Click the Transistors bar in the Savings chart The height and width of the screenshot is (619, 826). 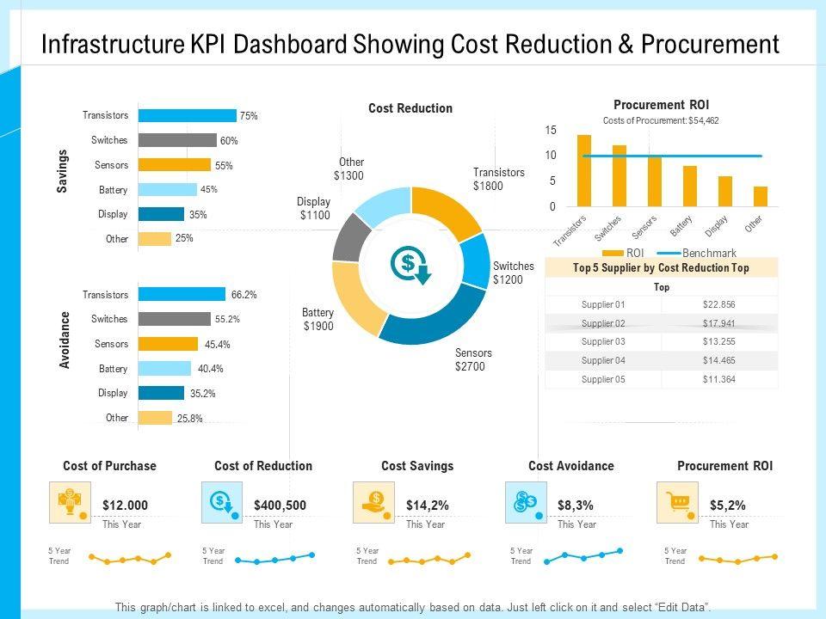[187, 115]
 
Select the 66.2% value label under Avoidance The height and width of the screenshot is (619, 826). [243, 295]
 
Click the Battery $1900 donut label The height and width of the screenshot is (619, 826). [317, 319]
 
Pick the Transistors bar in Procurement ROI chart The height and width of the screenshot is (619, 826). [584, 170]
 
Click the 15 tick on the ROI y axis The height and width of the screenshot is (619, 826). [551, 130]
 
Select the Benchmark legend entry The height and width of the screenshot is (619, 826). [709, 254]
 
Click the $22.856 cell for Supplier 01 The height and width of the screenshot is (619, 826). [718, 304]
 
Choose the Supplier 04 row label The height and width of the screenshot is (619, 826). [603, 360]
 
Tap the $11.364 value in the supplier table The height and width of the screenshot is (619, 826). [718, 379]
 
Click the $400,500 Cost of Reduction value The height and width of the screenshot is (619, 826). [280, 506]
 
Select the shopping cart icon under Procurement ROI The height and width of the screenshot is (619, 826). [671, 502]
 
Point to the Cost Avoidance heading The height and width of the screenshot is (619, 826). [571, 466]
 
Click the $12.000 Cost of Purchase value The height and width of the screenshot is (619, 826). [125, 506]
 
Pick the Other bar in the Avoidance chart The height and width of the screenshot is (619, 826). [155, 418]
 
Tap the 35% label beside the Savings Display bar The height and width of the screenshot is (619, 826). [198, 215]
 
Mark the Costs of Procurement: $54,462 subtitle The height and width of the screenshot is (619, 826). [661, 121]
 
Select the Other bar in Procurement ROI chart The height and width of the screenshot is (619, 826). [760, 196]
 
